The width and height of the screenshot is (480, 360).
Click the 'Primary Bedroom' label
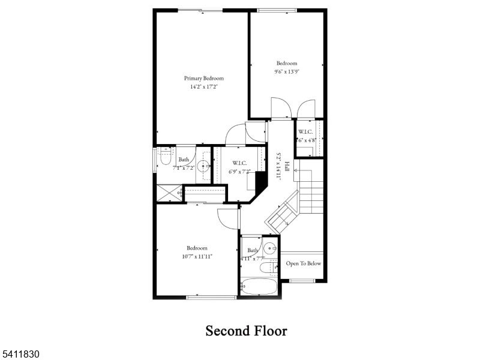click(x=203, y=79)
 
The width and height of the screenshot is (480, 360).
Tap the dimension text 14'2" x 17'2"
click(x=203, y=87)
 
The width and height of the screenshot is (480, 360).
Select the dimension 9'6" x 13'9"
click(x=286, y=71)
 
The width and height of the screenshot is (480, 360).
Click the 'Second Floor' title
click(x=246, y=331)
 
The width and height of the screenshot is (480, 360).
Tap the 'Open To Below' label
click(x=304, y=263)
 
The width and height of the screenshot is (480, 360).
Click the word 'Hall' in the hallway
click(x=287, y=167)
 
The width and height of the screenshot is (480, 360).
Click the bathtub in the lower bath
click(x=259, y=286)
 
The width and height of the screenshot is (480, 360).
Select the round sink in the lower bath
click(x=271, y=247)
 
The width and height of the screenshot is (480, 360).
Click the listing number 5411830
click(x=20, y=355)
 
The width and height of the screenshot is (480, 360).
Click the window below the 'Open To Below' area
click(x=303, y=281)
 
